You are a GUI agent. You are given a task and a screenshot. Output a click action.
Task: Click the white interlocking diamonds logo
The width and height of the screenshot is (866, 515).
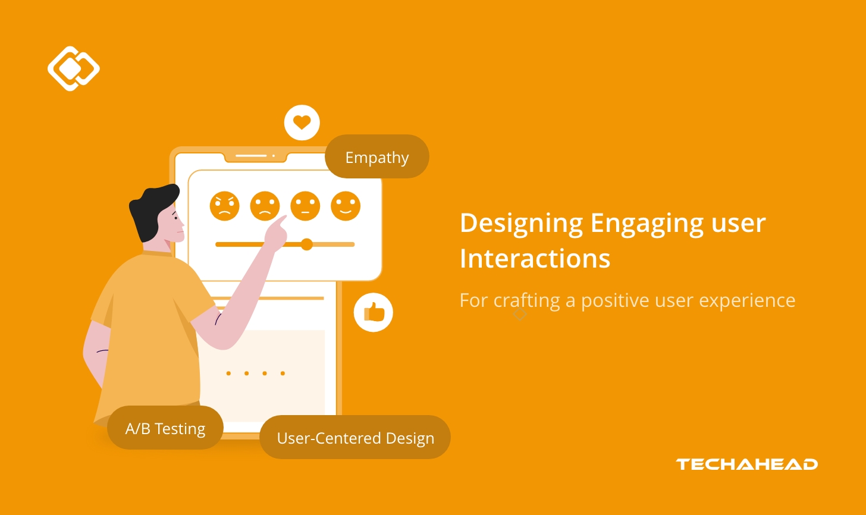coord(73,68)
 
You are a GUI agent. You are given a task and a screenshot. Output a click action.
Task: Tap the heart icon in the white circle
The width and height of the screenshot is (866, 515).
coord(302,123)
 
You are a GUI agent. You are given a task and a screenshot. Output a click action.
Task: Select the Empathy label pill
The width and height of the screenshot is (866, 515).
coord(377,157)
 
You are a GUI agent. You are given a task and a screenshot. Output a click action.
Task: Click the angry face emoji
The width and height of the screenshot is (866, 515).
coord(224,206)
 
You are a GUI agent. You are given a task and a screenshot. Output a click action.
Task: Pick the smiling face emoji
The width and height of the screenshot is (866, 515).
coord(346,206)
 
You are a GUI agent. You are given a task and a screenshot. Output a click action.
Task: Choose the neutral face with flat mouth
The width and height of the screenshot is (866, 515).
coord(305,206)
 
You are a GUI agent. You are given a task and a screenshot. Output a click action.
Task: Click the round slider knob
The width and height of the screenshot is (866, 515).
coord(307,244)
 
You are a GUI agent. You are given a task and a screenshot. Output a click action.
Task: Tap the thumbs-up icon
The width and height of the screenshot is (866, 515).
coord(374,312)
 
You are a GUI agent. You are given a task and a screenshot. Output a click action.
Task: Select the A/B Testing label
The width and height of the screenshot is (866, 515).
coord(165,428)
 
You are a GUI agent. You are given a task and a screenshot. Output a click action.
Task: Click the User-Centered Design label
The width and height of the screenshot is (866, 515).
coord(355,438)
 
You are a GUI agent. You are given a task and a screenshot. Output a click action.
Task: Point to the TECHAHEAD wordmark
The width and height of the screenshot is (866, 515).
coord(746,464)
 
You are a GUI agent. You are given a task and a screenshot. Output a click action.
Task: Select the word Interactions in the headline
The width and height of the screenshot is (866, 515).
coord(535,259)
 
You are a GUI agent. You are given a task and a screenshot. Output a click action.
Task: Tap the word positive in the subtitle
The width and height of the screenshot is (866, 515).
coord(615,301)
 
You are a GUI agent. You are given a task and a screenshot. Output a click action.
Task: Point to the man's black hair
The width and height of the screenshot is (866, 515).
coord(152,208)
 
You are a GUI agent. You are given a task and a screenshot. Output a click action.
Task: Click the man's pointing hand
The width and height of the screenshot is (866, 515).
coord(275,232)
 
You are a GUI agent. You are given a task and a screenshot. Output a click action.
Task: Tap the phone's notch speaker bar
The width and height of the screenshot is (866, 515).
coord(251,156)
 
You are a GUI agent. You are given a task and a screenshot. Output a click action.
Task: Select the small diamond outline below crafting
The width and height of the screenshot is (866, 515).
coord(520,314)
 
